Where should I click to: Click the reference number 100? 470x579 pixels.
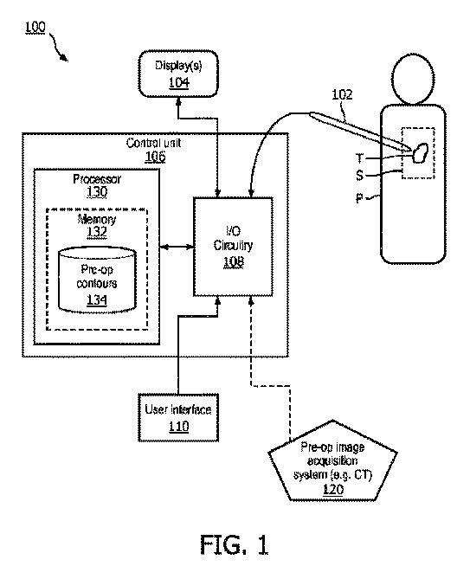pos(35,28)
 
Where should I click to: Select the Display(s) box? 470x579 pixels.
pos(178,74)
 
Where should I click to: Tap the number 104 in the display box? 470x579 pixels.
pos(179,83)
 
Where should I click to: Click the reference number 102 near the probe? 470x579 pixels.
pos(342,94)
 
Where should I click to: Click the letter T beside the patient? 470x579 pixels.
pos(359,158)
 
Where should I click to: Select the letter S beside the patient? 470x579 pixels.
pos(359,175)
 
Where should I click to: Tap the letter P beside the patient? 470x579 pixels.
pos(359,199)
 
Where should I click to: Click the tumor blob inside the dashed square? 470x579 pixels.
pos(420,153)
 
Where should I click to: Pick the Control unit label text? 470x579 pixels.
pos(153,143)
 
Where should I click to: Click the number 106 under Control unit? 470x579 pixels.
pos(155,157)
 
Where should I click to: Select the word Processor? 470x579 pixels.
pos(97,179)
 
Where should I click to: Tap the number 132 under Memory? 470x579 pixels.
pos(97,232)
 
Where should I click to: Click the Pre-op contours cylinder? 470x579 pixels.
pos(98,280)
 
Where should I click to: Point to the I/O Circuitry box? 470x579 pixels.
pos(234,247)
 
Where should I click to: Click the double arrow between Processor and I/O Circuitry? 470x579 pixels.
pos(177,247)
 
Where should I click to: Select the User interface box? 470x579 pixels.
pos(178,417)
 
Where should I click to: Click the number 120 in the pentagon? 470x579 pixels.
pos(333,489)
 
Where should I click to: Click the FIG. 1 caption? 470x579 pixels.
pos(234,544)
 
